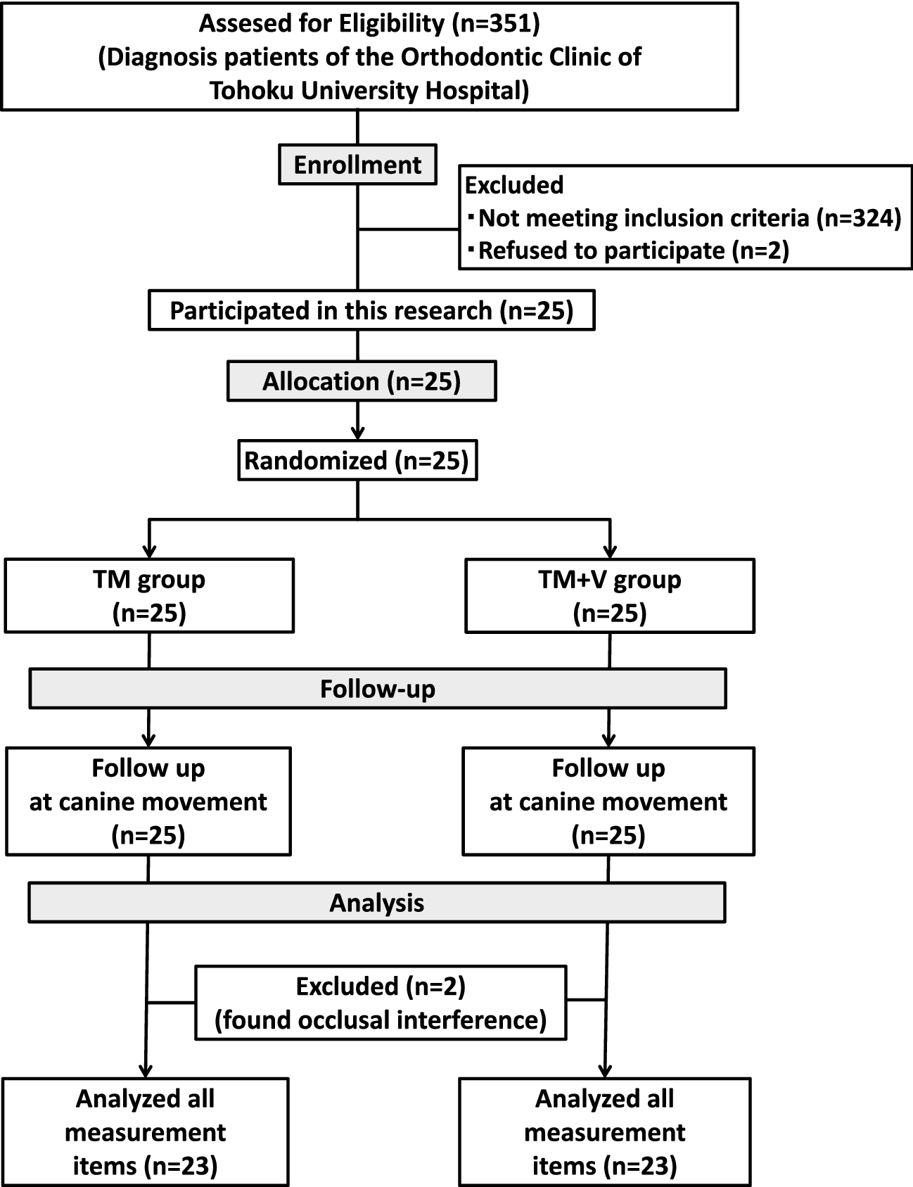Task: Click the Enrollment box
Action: tap(357, 165)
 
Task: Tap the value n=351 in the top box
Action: tap(495, 23)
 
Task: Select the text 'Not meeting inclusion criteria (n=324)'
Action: tap(689, 218)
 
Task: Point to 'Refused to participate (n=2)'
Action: tap(633, 250)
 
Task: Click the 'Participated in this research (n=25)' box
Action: tap(371, 311)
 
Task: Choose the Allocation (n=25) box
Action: tap(362, 381)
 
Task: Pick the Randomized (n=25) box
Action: tap(357, 461)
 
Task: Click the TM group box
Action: tap(149, 596)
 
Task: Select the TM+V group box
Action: tap(610, 596)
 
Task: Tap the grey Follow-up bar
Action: tap(377, 688)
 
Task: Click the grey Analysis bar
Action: tap(377, 903)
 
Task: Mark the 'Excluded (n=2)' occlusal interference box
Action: tap(381, 1003)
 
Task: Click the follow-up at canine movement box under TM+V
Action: tap(608, 801)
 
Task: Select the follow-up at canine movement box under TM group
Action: tap(148, 801)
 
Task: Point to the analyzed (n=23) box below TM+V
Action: tap(605, 1131)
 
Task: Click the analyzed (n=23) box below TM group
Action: tap(146, 1131)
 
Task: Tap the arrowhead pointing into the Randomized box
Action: tap(358, 433)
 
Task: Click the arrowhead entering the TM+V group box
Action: tap(610, 550)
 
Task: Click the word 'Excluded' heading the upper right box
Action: tap(514, 185)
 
